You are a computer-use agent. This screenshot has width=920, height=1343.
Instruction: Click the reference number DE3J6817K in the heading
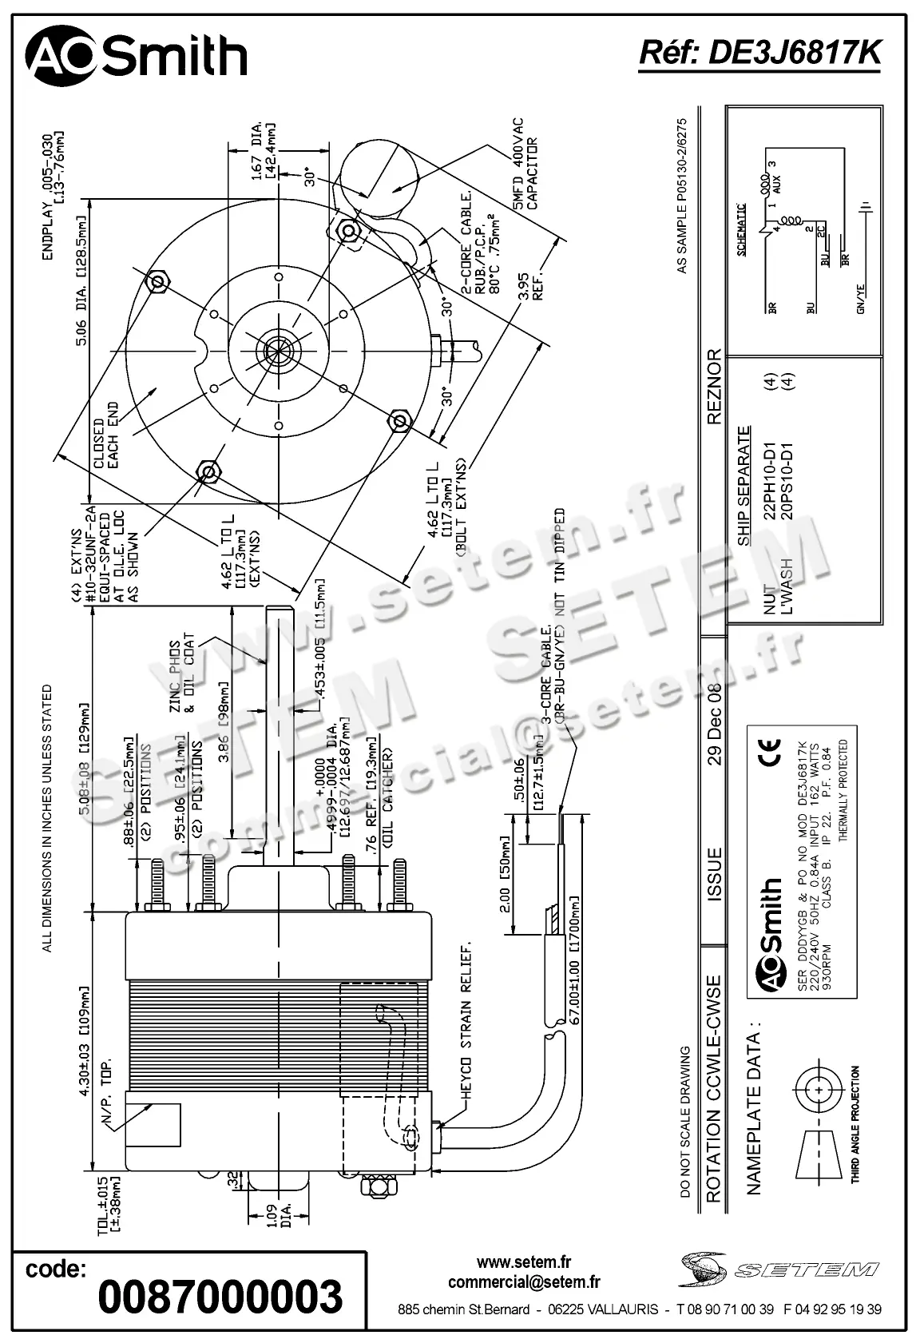coord(760,53)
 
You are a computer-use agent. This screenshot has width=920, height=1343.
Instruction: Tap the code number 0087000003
coord(220,1296)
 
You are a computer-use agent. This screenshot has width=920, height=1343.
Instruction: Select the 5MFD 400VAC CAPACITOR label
coord(525,165)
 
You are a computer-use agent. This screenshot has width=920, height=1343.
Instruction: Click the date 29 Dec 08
coord(715,724)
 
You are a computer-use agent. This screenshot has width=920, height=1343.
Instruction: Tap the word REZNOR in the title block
coord(715,386)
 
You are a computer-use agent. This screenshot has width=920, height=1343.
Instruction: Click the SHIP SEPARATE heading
coord(744,487)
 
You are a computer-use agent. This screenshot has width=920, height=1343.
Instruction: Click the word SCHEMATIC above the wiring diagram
coord(742,228)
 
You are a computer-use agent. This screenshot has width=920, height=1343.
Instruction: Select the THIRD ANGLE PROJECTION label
coord(855,1124)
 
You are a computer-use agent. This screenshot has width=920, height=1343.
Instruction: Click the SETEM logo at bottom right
coord(779,1269)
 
